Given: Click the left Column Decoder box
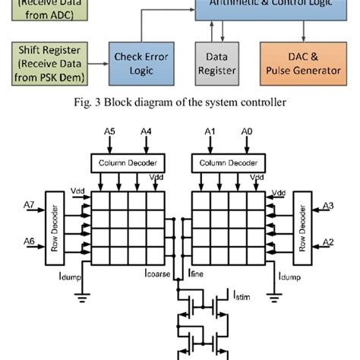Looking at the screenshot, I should click(x=125, y=163).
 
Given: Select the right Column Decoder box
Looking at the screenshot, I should click(x=229, y=163).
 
